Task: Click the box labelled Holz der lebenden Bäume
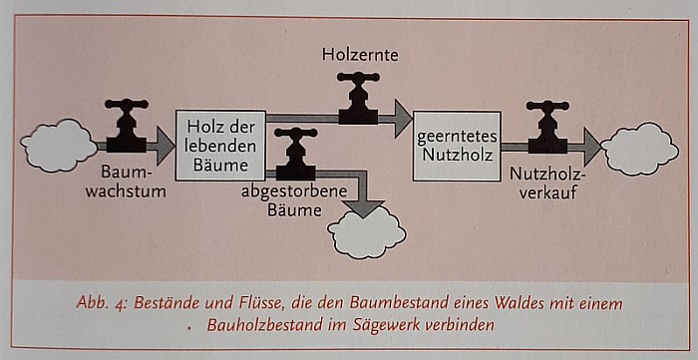pos(220,145)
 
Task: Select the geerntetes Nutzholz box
pos(457,146)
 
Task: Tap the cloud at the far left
pos(59,146)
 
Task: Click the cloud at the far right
pos(639,148)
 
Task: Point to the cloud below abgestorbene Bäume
pos(367,233)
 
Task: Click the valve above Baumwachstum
pos(127,125)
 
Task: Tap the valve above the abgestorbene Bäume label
pos(295,154)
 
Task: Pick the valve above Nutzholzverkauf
pos(547,126)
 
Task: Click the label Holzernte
pos(360,55)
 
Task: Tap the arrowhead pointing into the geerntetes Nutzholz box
pos(402,118)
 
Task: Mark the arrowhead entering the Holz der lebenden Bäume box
pos(162,146)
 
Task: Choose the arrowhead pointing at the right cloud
pos(591,147)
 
